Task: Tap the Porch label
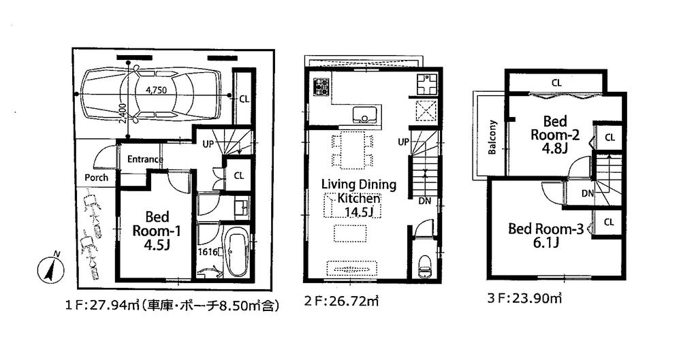(96, 178)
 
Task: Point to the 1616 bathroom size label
(208, 252)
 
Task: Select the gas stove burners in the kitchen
(320, 87)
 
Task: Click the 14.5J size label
(358, 212)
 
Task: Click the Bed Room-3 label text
(546, 229)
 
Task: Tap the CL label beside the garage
(244, 99)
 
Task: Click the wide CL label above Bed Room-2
(556, 83)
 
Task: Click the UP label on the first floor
(210, 143)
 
